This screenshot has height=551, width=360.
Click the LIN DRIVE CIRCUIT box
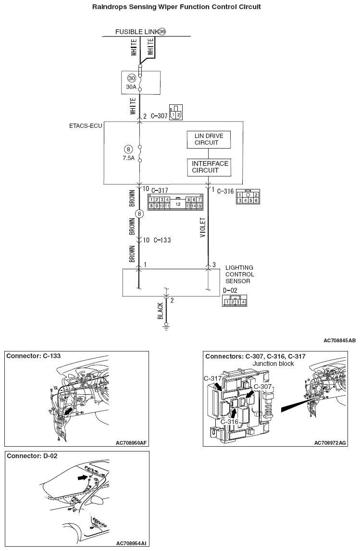209,139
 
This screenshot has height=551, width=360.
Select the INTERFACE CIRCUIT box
209,167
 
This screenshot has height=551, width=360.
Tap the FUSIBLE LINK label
137,32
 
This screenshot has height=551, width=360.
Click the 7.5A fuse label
128,157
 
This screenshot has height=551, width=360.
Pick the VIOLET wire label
202,227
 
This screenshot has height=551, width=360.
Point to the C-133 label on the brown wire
162,239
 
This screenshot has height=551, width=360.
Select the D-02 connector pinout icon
235,302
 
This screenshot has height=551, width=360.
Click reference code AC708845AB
339,340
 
